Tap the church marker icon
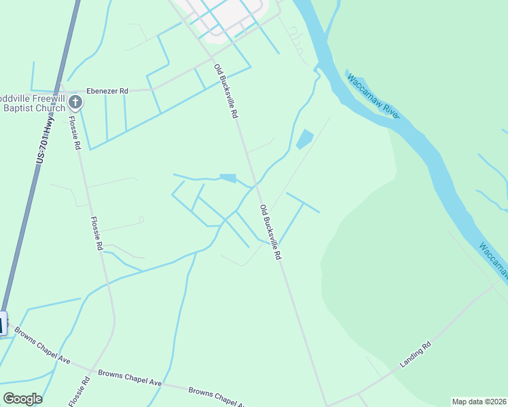[x=75, y=103]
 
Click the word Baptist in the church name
[x=19, y=107]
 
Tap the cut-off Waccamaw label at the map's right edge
[x=492, y=258]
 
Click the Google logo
[x=22, y=398]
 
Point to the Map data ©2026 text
[x=479, y=402]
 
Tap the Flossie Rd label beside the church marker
[x=75, y=133]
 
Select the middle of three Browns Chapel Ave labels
[x=130, y=378]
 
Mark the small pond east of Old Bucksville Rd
[x=304, y=139]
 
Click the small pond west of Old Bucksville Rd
[x=228, y=178]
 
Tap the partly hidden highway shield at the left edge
[x=3, y=323]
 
